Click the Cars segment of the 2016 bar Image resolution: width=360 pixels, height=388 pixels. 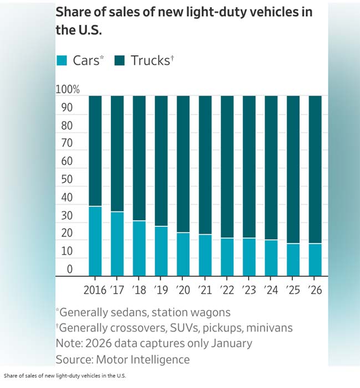tap(95, 241)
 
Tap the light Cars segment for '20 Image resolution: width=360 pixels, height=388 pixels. tap(183, 254)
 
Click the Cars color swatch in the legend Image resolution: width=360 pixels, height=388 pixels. tap(63, 60)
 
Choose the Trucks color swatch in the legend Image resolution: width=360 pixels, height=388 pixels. tap(121, 60)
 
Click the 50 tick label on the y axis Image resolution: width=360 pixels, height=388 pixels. tap(66, 180)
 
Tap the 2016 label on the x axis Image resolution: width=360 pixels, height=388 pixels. tap(95, 291)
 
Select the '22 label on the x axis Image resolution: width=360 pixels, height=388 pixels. tap(227, 291)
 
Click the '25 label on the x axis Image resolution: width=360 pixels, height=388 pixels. tap(292, 291)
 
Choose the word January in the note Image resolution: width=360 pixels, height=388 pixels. tap(229, 343)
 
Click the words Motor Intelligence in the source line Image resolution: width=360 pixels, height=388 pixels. tap(143, 359)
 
